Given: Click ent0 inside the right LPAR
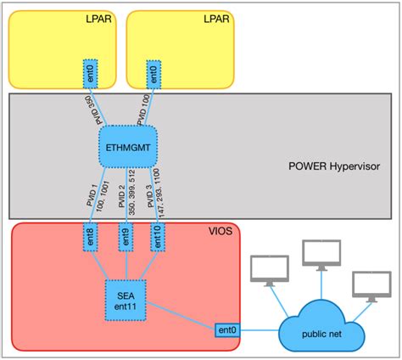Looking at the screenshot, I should point(154,71).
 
